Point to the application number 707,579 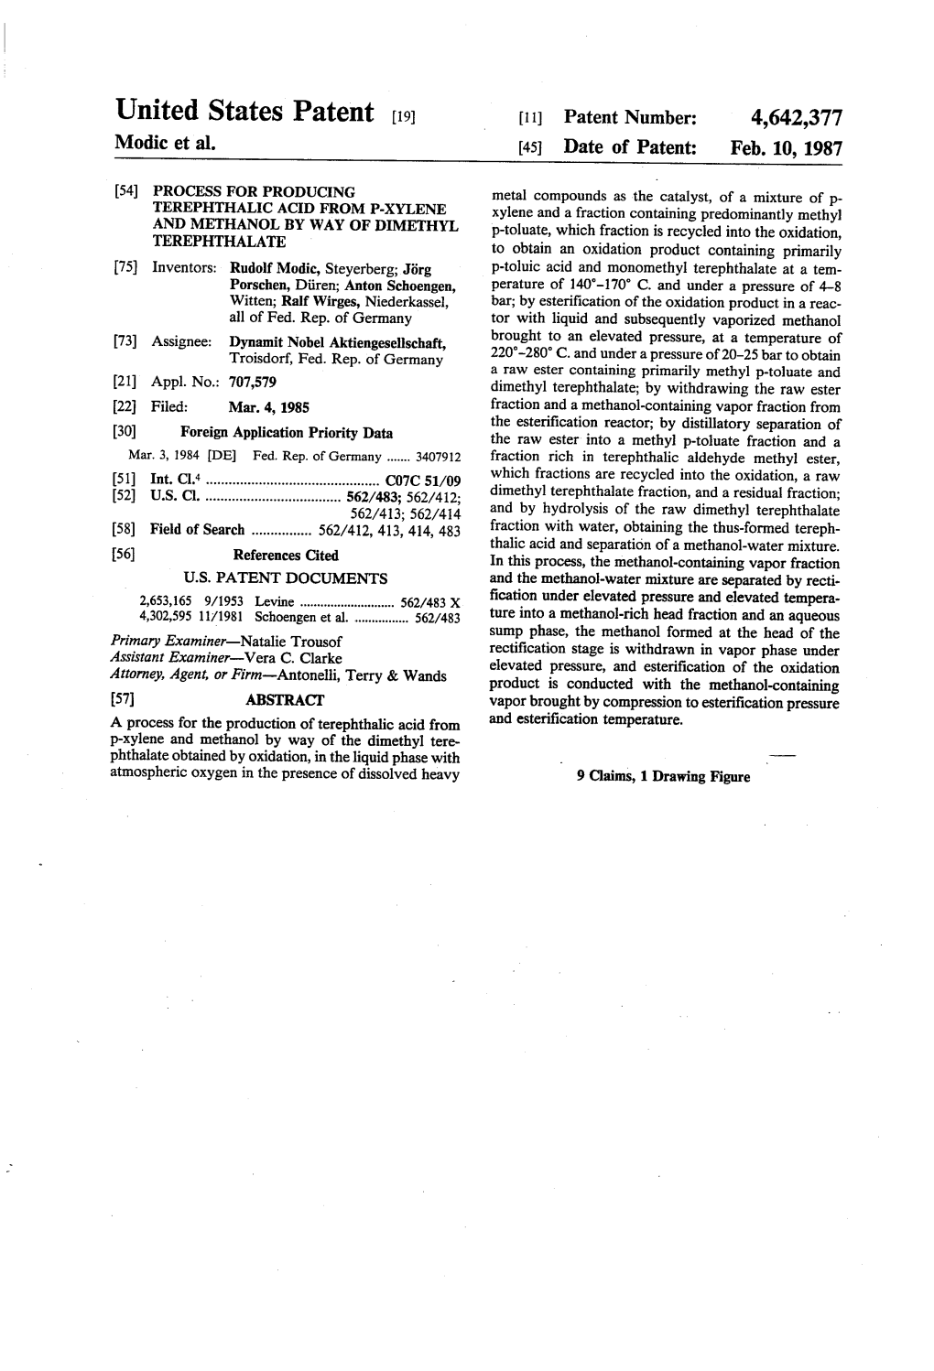(253, 382)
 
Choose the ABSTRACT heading (285, 700)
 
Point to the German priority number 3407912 (440, 457)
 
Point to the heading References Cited (286, 556)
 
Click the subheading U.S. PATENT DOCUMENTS (286, 578)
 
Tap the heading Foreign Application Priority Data (287, 433)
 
